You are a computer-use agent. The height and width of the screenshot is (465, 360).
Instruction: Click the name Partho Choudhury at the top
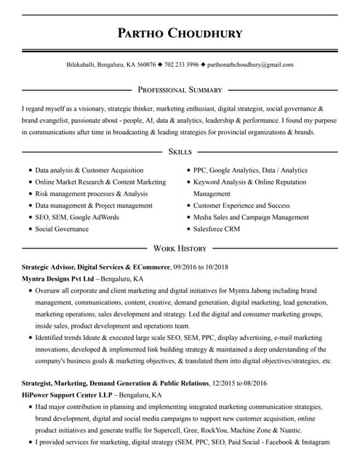coord(180,33)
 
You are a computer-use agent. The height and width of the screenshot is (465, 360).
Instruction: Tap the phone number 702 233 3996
coord(181,65)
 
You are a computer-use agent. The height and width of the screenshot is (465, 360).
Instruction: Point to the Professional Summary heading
coord(180,90)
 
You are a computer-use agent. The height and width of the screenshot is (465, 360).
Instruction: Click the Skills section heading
coord(180,151)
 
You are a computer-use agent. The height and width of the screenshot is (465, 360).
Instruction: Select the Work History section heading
coord(180,248)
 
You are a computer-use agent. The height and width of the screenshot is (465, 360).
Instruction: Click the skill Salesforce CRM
coord(217,229)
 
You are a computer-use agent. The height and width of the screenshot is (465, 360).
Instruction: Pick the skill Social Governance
coord(62,229)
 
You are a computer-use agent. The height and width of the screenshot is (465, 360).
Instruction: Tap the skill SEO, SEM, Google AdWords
coord(77,217)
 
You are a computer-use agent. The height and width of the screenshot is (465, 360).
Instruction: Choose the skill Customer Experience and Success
coord(241,206)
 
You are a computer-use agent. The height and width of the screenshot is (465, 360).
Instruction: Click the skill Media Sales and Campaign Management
coord(250,217)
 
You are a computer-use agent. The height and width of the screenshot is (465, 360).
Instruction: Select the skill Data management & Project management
coord(94,206)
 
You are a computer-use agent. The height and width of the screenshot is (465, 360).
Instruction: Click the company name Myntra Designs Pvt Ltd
coord(58,278)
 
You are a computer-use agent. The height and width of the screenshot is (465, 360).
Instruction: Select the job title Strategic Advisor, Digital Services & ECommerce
coord(95,267)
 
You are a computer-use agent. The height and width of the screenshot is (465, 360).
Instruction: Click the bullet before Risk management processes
coord(30,194)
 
